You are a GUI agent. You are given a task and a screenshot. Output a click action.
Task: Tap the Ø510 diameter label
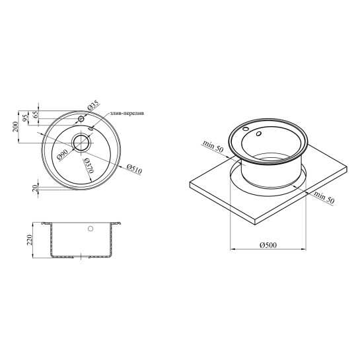click(135, 168)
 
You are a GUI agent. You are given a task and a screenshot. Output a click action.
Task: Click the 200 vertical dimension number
click(15, 127)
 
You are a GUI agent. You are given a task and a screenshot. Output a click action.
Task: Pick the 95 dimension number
click(26, 118)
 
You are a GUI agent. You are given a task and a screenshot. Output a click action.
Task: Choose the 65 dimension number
click(36, 114)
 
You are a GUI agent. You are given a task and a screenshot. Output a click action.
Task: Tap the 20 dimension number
click(35, 188)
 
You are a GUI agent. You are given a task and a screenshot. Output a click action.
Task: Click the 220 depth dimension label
click(30, 240)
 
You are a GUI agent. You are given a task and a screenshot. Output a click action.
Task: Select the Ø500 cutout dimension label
click(268, 245)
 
